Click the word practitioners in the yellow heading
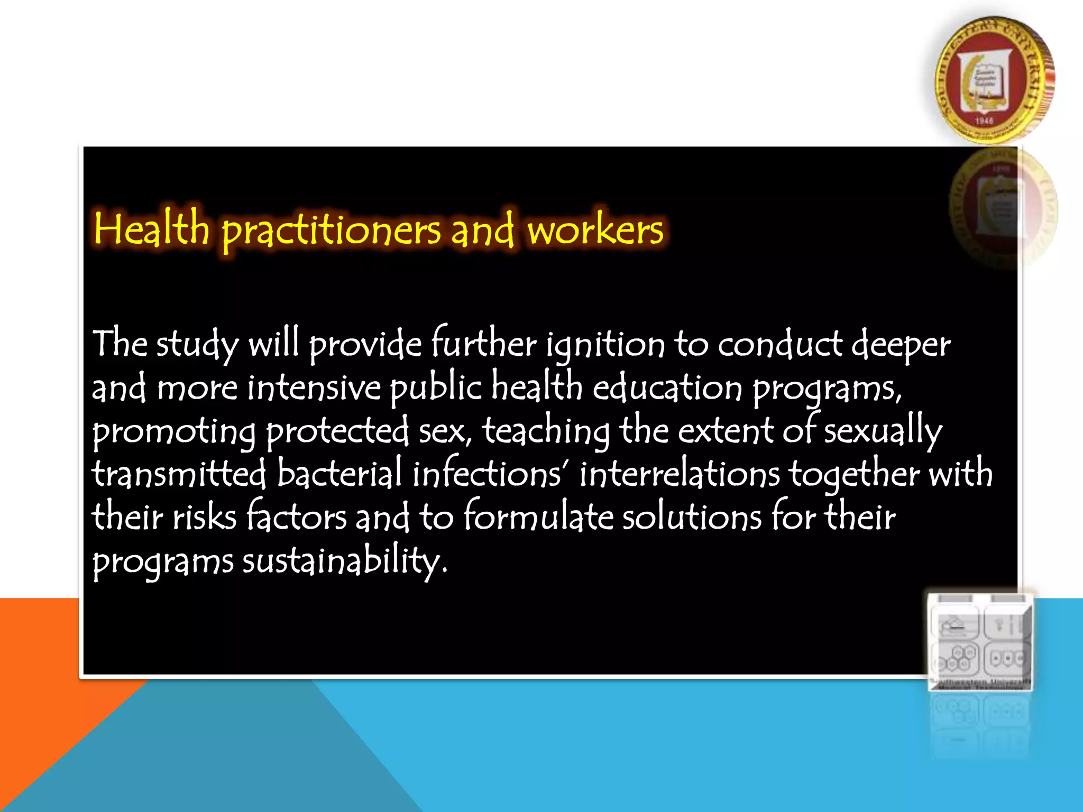click(331, 230)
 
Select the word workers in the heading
click(595, 230)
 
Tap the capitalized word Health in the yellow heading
click(152, 228)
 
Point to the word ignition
click(605, 345)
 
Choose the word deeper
click(901, 345)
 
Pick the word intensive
click(314, 387)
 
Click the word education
click(667, 387)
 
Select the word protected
click(337, 431)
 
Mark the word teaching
click(546, 431)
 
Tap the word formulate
click(538, 516)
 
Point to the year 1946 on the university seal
click(984, 121)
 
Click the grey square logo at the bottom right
click(980, 641)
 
